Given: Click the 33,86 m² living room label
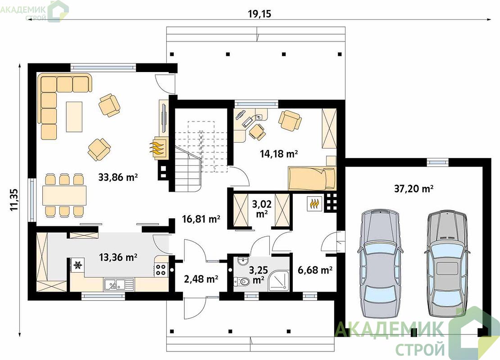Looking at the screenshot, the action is (x=118, y=177).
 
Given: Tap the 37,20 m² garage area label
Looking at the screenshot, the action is (x=414, y=189).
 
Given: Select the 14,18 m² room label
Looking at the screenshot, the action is (x=279, y=154).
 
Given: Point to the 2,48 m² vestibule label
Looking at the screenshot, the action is (x=201, y=279).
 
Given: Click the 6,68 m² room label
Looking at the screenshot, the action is (x=315, y=270).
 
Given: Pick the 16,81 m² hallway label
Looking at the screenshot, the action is (x=201, y=219).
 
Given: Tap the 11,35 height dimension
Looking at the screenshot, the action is (x=14, y=200).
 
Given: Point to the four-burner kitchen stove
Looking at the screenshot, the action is (x=161, y=270).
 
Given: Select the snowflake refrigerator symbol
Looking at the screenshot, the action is (x=77, y=265).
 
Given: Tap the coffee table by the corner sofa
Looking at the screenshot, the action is (x=74, y=117).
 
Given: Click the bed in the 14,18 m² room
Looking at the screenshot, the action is (x=312, y=178).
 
